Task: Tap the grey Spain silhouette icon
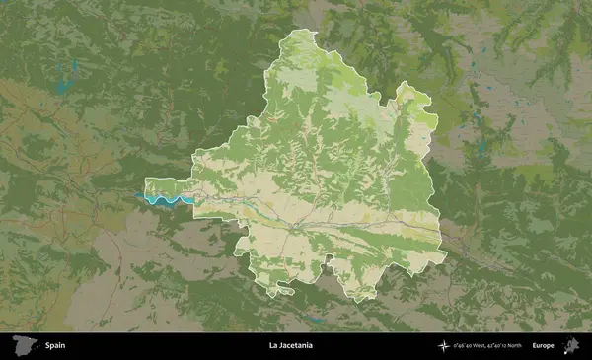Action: [23, 346]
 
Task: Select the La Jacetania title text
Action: [290, 346]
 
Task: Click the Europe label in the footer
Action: [543, 346]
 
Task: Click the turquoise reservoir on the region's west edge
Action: [164, 200]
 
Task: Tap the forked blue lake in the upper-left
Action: [67, 77]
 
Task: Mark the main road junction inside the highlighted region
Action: [293, 226]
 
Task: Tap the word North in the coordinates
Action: [514, 346]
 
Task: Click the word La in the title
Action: [272, 346]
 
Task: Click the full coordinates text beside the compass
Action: [488, 346]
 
